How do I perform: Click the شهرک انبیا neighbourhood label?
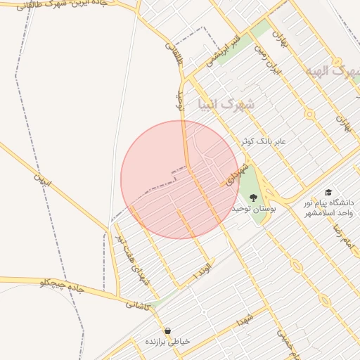click(226, 105)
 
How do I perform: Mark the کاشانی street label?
click(138, 304)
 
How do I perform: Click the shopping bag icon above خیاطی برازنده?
click(167, 330)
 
